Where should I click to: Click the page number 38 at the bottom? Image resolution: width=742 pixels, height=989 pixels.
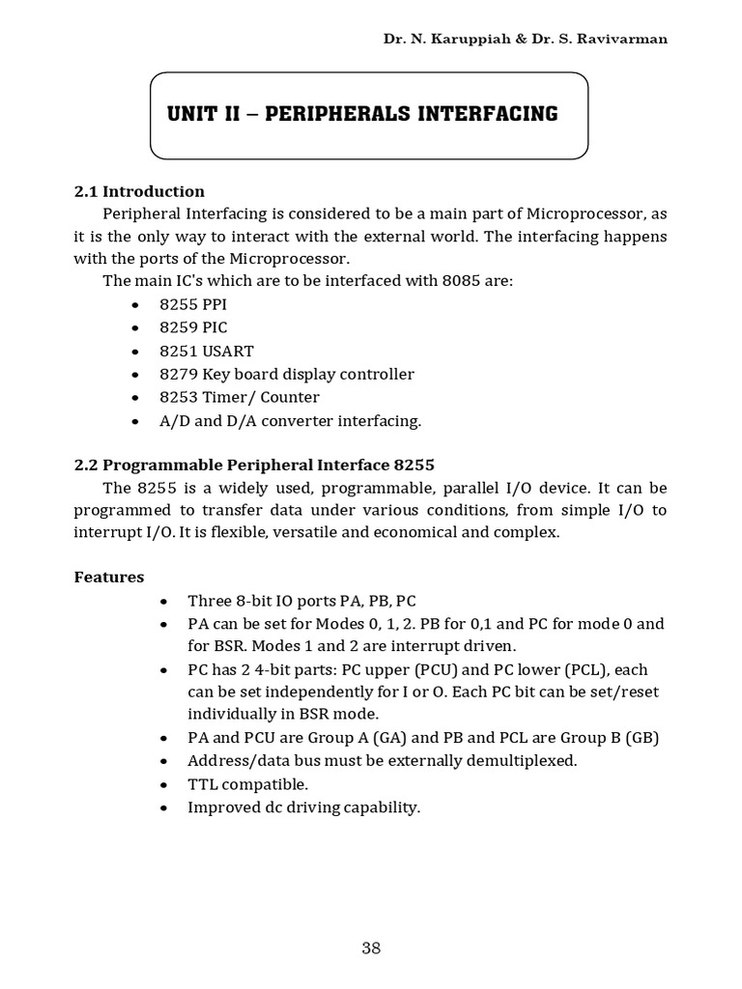coord(371,947)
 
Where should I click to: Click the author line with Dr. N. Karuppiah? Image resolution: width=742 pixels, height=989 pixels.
coord(525,39)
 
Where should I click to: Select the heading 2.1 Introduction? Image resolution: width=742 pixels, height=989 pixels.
coord(139,191)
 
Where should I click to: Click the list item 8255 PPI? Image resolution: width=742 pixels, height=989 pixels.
coord(193,304)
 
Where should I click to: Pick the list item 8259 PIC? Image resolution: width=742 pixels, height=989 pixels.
coord(193,327)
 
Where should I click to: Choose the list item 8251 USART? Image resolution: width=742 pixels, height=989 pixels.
coord(207,351)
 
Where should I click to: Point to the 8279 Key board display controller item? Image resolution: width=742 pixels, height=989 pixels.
coord(286,374)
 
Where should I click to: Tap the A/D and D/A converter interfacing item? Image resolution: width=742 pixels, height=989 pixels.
coord(290,421)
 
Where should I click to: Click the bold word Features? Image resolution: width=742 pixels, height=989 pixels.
coord(109,578)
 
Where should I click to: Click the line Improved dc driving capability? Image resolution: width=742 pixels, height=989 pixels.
coord(303,807)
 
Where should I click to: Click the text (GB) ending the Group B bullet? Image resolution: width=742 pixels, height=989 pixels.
coord(642,738)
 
